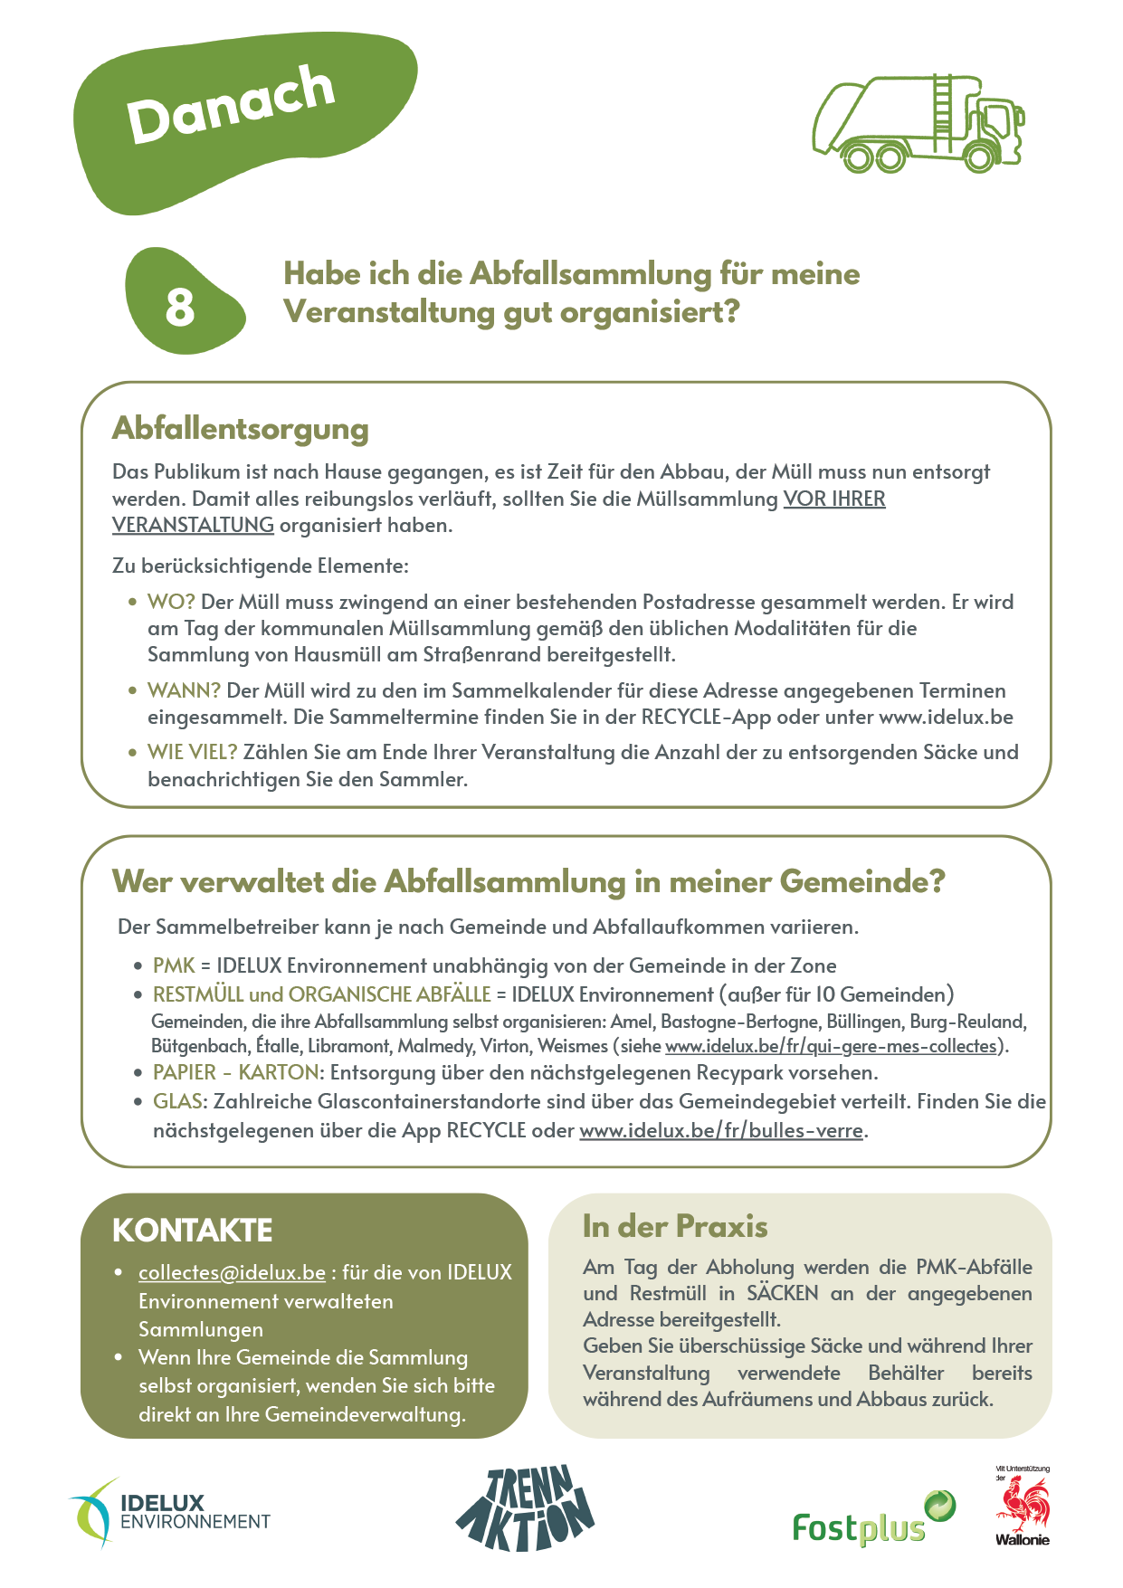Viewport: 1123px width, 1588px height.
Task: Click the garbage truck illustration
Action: (918, 124)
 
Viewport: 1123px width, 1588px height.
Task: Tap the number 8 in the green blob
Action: (179, 307)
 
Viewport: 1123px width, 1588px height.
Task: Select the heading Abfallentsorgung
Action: (240, 428)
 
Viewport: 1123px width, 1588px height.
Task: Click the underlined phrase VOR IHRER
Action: (833, 499)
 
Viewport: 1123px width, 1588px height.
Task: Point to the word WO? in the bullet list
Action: (171, 602)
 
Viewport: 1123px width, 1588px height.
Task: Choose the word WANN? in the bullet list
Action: (184, 690)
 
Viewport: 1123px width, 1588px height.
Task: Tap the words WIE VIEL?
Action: (192, 752)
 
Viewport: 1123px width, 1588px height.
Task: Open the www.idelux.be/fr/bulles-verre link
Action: (720, 1130)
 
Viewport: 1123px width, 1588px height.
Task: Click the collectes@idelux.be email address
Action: (232, 1272)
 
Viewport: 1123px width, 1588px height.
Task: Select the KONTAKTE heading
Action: (192, 1231)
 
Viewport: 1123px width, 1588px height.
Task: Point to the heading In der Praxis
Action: (675, 1226)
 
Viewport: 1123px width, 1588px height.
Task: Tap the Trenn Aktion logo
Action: (524, 1507)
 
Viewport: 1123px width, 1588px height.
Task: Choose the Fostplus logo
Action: (872, 1519)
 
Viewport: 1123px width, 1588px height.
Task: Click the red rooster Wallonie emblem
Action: (1023, 1507)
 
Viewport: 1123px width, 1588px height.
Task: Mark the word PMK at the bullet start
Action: (174, 965)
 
